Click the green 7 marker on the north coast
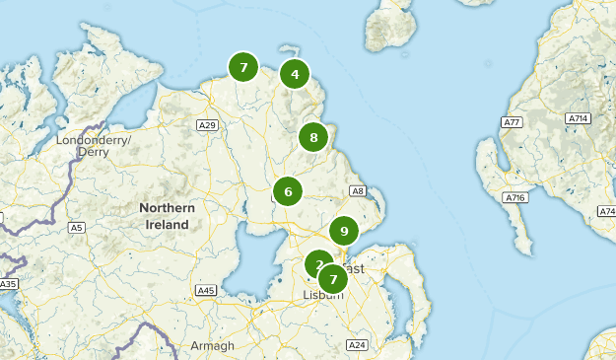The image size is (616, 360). pyautogui.click(x=242, y=67)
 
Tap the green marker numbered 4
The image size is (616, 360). pyautogui.click(x=294, y=74)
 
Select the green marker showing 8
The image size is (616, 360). pyautogui.click(x=313, y=137)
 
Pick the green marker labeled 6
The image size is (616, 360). pyautogui.click(x=288, y=191)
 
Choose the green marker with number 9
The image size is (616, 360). pyautogui.click(x=343, y=231)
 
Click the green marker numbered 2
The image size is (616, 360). pyautogui.click(x=317, y=263)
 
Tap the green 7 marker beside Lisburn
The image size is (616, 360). pyautogui.click(x=333, y=279)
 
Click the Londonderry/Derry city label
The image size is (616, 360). pyautogui.click(x=94, y=146)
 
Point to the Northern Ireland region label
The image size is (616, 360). pyautogui.click(x=168, y=216)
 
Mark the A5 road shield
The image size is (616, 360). pyautogui.click(x=76, y=228)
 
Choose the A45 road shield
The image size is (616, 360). pyautogui.click(x=206, y=290)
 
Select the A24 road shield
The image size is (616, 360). pyautogui.click(x=357, y=344)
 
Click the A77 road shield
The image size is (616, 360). pyautogui.click(x=511, y=122)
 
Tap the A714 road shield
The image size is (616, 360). pyautogui.click(x=578, y=118)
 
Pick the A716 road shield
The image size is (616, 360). pyautogui.click(x=514, y=198)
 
